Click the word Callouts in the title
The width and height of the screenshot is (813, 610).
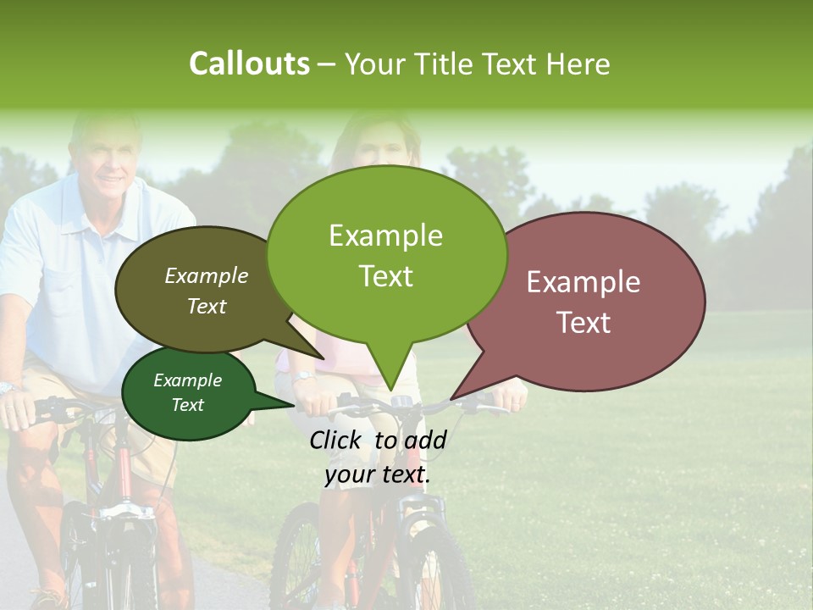click(249, 64)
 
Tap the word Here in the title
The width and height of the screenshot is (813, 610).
click(578, 64)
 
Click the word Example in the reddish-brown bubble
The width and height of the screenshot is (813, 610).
click(583, 282)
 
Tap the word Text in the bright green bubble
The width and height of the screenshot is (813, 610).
click(386, 276)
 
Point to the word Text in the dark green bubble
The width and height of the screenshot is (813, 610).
click(188, 405)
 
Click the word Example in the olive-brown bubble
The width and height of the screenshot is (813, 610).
click(207, 276)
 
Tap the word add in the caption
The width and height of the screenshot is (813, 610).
click(425, 440)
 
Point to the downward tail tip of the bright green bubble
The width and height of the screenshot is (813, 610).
click(390, 391)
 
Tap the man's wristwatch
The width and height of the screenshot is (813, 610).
click(9, 388)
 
